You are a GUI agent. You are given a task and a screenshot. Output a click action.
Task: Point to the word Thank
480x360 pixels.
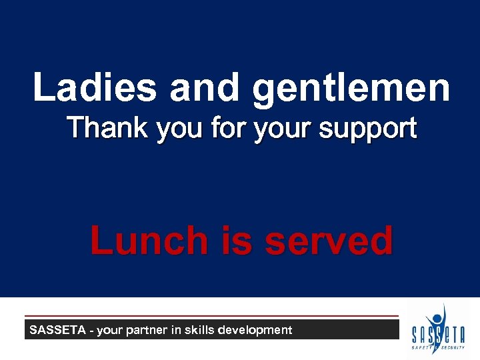(108, 127)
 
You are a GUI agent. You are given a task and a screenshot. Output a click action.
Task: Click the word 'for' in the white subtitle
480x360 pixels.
(223, 127)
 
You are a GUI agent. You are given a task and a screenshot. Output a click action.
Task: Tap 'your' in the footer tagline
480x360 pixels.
(113, 330)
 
